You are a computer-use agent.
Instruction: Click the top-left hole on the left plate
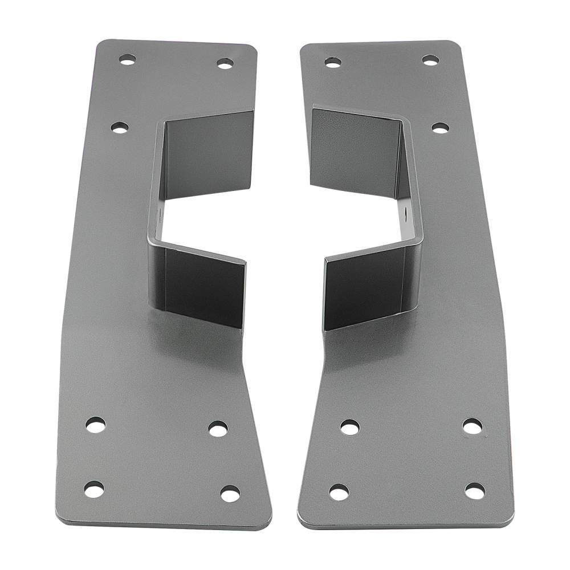pyautogui.click(x=127, y=59)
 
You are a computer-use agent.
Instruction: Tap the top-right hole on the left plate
pyautogui.click(x=225, y=63)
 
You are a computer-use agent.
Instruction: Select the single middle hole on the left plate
pyautogui.click(x=120, y=128)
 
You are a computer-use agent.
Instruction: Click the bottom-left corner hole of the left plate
pyautogui.click(x=95, y=489)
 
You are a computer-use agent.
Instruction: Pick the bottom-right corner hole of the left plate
pyautogui.click(x=230, y=494)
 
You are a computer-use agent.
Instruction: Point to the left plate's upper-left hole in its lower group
pyautogui.click(x=96, y=425)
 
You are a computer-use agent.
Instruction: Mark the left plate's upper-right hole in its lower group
pyautogui.click(x=218, y=429)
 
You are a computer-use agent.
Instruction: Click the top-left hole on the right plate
pyautogui.click(x=333, y=62)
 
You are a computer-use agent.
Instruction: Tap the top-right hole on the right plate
pyautogui.click(x=430, y=60)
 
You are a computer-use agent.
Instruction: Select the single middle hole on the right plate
pyautogui.click(x=440, y=128)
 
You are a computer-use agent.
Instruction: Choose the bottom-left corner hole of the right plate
pyautogui.click(x=339, y=492)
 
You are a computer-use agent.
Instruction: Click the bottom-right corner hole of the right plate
pyautogui.click(x=474, y=490)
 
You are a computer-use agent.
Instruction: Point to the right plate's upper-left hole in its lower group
pyautogui.click(x=349, y=427)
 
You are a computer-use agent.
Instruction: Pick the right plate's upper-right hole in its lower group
pyautogui.click(x=472, y=426)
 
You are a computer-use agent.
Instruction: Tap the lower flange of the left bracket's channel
pyautogui.click(x=205, y=288)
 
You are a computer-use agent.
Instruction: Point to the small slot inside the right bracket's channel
pyautogui.click(x=405, y=217)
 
